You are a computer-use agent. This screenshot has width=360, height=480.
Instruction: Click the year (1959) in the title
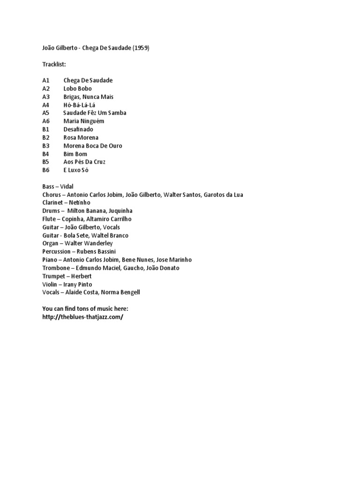coord(141,48)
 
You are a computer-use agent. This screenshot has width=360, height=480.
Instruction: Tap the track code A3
coord(45,97)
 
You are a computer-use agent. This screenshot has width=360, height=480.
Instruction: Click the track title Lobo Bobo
coord(77,89)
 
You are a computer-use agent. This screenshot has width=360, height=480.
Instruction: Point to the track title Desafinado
coord(78,129)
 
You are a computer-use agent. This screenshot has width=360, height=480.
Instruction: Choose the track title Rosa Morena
coord(81,137)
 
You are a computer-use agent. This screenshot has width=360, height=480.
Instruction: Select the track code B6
coord(45,170)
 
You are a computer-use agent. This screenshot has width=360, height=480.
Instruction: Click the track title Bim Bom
coord(75,154)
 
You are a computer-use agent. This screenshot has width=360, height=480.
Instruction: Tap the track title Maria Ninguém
coord(84,121)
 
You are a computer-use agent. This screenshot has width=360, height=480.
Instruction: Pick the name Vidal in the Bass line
coord(67,187)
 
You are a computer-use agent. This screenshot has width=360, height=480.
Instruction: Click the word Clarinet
coord(52,202)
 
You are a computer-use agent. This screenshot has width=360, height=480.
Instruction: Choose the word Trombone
coord(56,268)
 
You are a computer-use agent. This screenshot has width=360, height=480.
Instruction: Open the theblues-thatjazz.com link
coord(82,317)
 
